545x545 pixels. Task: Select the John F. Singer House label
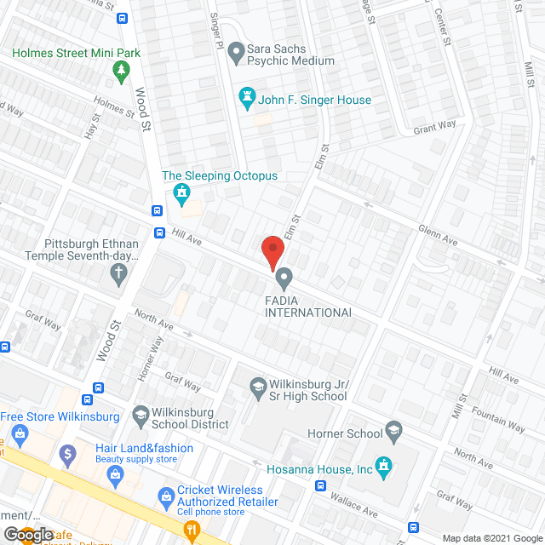[316, 100]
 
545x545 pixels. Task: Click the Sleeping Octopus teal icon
[181, 194]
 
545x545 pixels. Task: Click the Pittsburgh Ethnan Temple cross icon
[119, 273]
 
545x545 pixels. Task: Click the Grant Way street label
[435, 127]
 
